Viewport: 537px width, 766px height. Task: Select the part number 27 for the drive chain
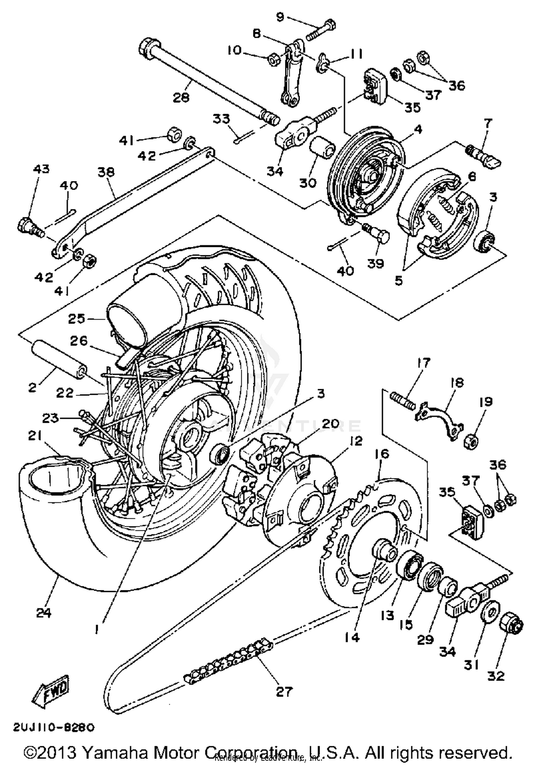(284, 692)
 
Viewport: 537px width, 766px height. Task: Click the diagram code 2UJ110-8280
(54, 727)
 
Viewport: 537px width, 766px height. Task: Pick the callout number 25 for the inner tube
(77, 319)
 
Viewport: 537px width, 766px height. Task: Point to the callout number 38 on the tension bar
(106, 172)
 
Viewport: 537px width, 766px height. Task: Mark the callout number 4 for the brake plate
(418, 129)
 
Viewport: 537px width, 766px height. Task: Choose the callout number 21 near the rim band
(35, 436)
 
